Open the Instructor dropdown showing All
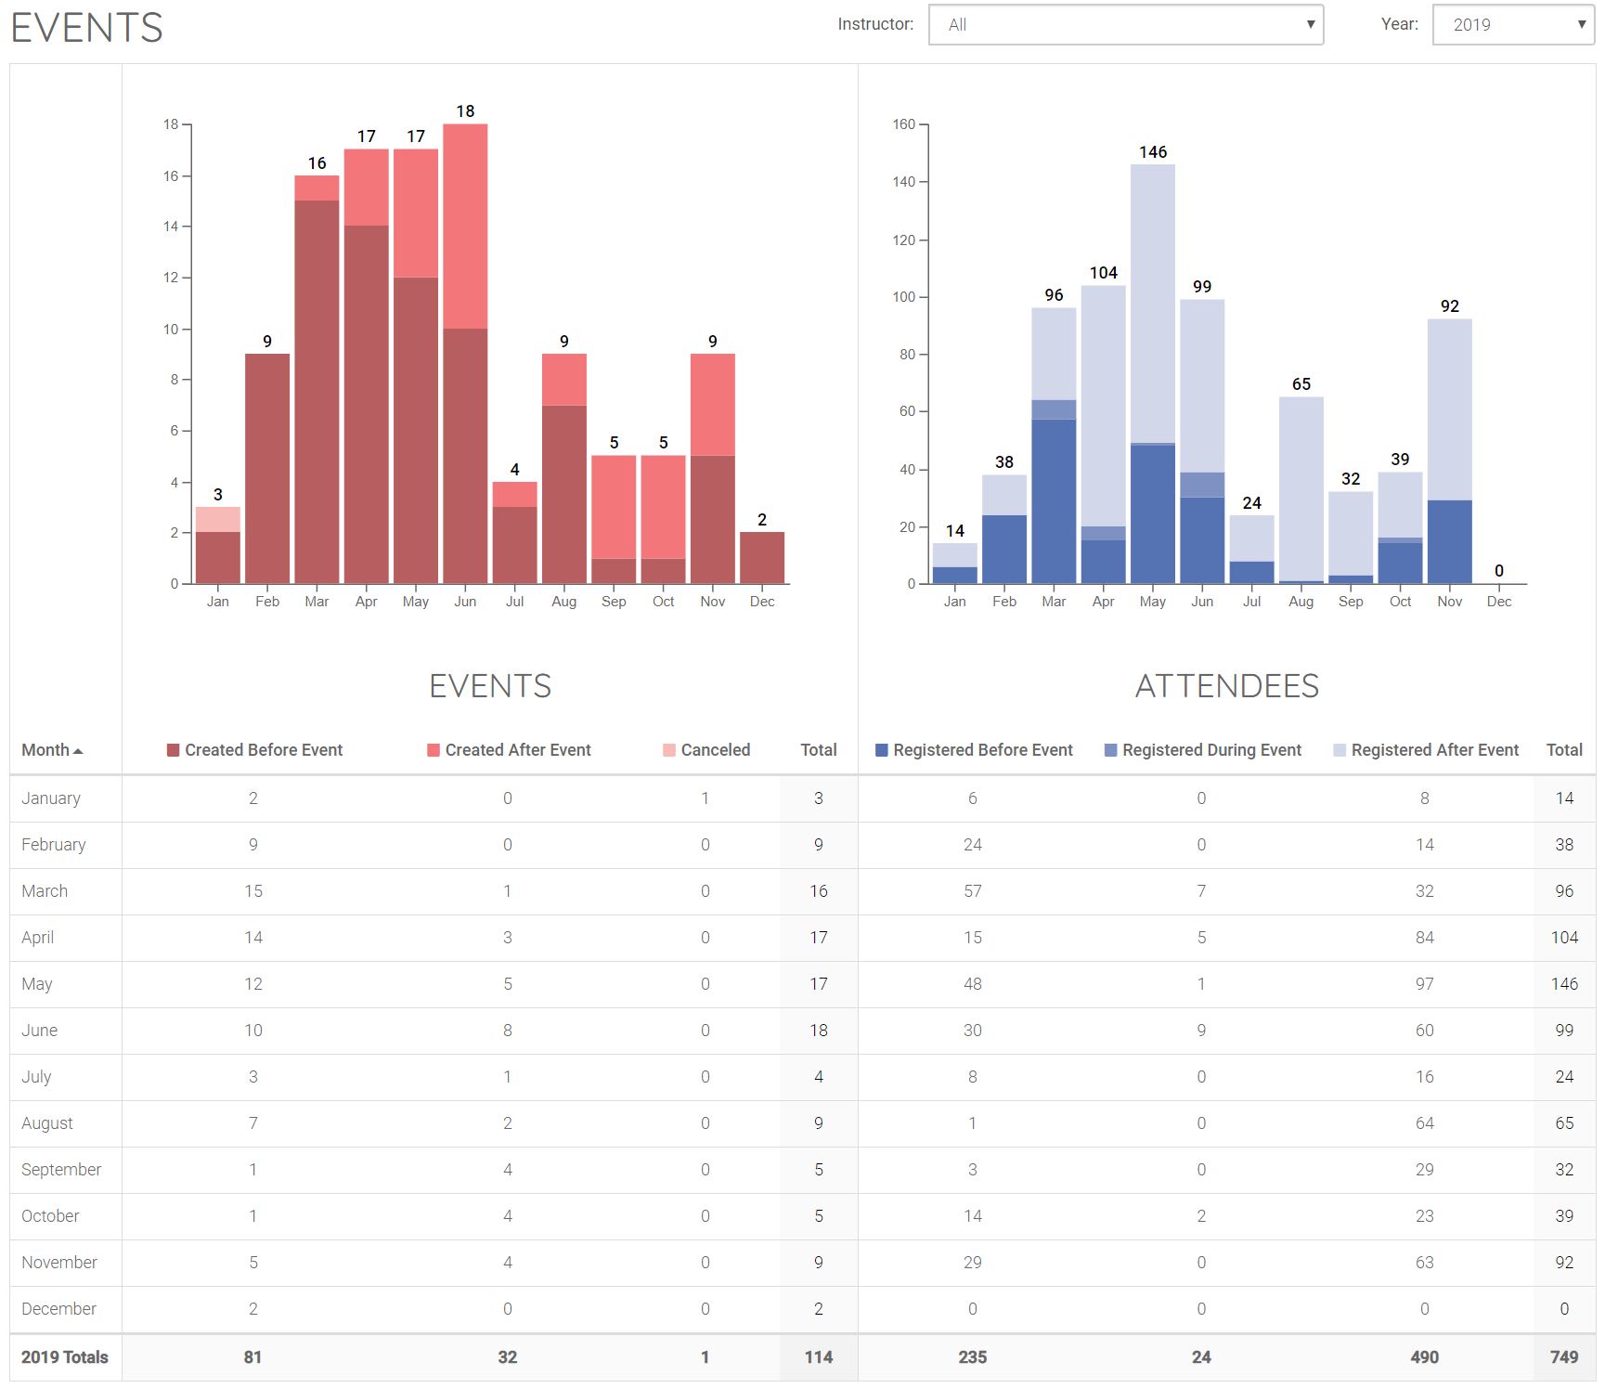1125,25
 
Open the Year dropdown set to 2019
1512,25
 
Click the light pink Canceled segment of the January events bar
218,519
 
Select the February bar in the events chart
267,468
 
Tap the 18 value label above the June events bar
465,111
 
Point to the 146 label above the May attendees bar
1153,152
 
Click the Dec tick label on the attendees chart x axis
1498,602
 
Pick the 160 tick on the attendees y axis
904,124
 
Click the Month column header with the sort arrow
52,750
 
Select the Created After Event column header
517,750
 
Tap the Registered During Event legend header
1210,750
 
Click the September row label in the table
61,1170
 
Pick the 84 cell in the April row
1424,938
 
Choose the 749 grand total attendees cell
1564,1357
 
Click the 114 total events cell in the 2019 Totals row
818,1357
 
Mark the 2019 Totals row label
65,1357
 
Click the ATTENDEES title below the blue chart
1226,686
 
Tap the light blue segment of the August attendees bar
1301,488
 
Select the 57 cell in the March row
972,891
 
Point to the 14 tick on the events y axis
171,227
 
